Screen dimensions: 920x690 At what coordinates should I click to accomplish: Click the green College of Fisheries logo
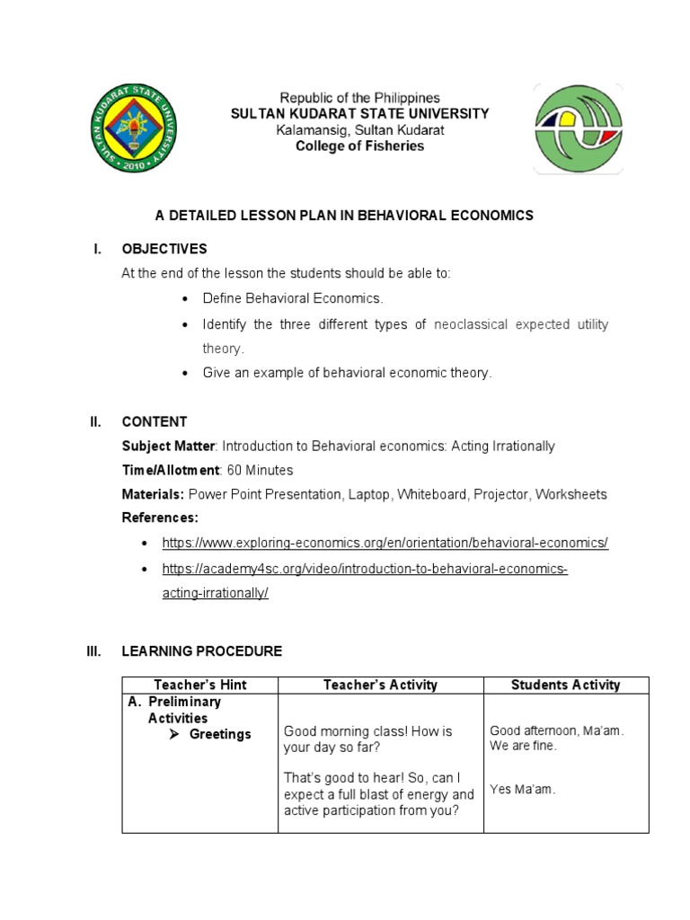(577, 128)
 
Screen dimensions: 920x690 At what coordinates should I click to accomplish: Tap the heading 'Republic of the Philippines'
(359, 98)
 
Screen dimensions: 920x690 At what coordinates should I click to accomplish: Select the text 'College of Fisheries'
(359, 146)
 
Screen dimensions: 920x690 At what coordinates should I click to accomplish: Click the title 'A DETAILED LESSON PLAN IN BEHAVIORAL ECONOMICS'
(345, 215)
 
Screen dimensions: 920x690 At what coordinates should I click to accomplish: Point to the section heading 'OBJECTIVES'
(164, 249)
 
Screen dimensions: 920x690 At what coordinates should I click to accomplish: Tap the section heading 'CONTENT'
(155, 421)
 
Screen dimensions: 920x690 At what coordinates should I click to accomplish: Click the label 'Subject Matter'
(168, 446)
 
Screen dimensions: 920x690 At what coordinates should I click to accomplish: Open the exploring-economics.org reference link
(385, 543)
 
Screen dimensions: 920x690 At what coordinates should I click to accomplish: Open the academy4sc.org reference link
(365, 570)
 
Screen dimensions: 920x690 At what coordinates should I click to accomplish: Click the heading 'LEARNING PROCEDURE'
(202, 651)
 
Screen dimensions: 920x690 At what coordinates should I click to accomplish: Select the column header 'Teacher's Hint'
(200, 685)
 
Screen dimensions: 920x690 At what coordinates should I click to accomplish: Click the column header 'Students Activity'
(565, 685)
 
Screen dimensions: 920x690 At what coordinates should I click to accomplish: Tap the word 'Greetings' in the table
(220, 734)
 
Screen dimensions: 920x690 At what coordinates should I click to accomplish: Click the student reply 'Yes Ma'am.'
(523, 790)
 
